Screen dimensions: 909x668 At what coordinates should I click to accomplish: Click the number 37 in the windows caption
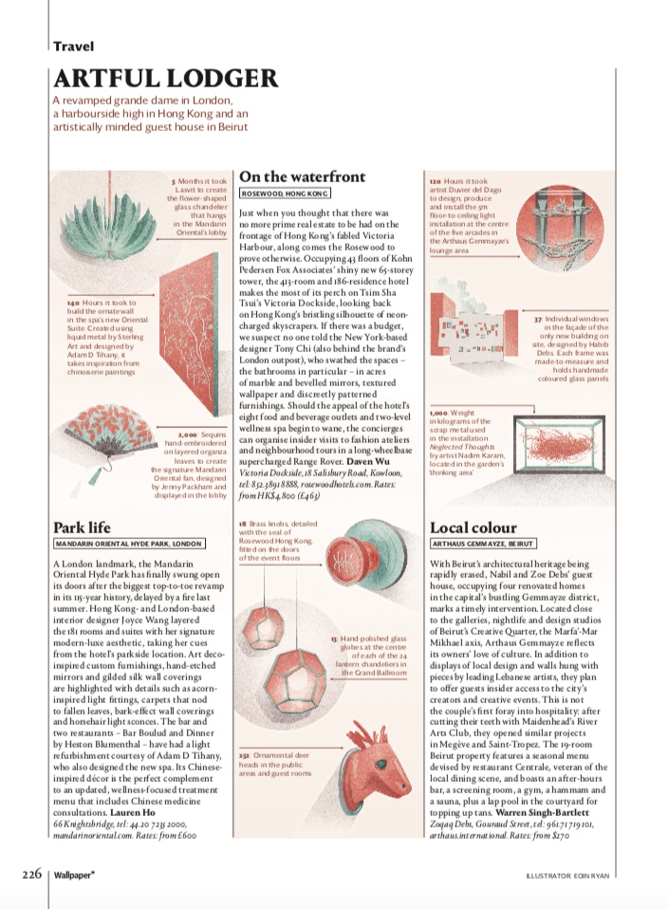[537, 320]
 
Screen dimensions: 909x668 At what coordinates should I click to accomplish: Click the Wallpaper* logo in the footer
[73, 874]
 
